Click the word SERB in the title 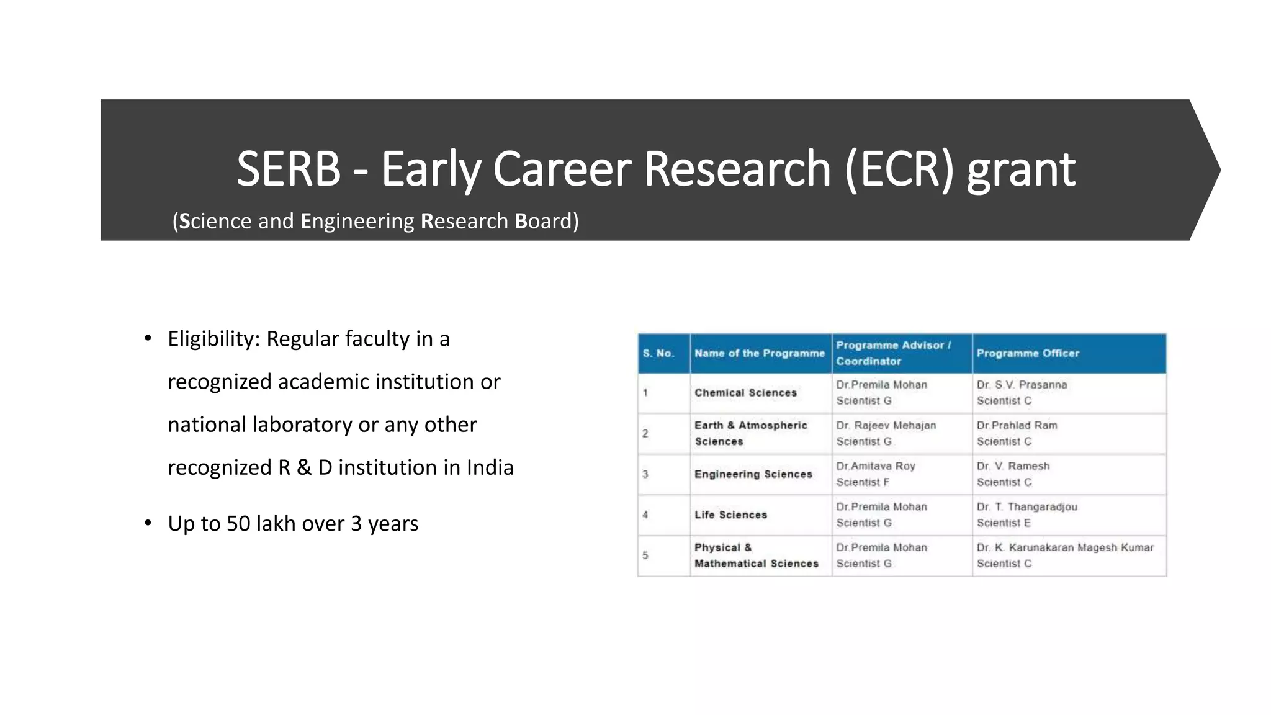(x=289, y=169)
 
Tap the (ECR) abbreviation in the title (x=899, y=169)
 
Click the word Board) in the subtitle (x=547, y=221)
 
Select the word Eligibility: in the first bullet (x=213, y=339)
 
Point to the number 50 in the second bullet (x=238, y=524)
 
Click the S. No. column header (x=658, y=353)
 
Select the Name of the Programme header (x=760, y=353)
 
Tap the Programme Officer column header (x=1028, y=353)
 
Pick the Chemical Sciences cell (x=745, y=393)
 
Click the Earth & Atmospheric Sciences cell (x=750, y=433)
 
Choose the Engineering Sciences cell (x=753, y=474)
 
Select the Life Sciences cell (x=730, y=515)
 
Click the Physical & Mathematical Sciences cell (x=756, y=555)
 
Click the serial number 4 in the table (x=645, y=515)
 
